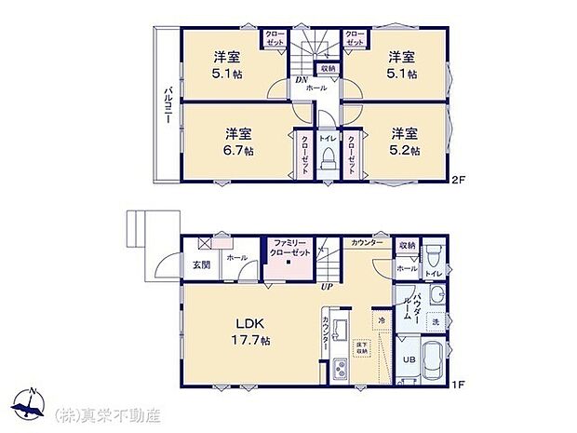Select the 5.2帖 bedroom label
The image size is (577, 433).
coord(404,141)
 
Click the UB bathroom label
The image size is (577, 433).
coord(408,359)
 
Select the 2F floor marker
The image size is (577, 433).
coord(456,179)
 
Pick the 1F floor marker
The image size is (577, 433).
coord(456,382)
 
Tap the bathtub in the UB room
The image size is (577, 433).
coord(432,361)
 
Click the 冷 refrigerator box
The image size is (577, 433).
coord(382,321)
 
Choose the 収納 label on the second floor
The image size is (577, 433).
coord(328,68)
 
